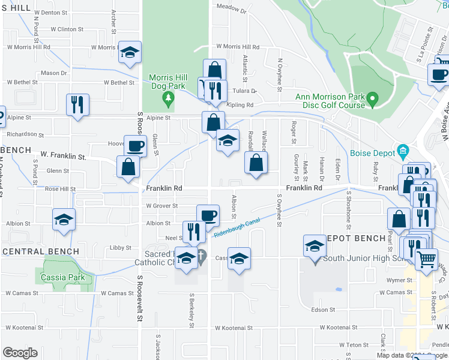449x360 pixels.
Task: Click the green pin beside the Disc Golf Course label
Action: (372, 98)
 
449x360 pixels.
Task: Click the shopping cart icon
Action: (426, 260)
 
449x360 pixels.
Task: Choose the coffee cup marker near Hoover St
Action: (135, 145)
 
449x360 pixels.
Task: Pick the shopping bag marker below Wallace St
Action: (256, 162)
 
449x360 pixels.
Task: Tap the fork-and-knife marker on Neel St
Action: (193, 232)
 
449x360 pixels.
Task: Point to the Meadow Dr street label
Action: (232, 9)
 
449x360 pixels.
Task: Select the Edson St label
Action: (323, 310)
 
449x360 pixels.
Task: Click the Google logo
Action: (20, 353)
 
